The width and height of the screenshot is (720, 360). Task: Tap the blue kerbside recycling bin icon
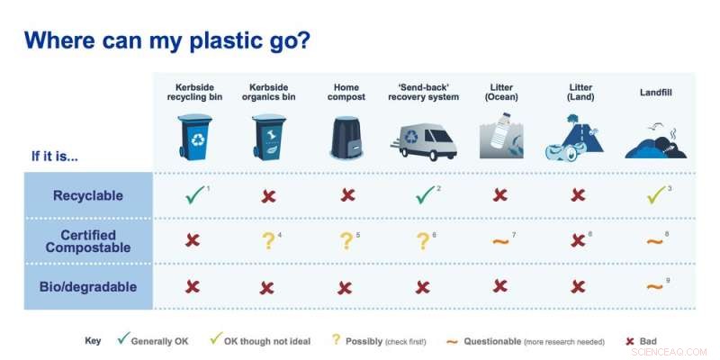tap(193, 137)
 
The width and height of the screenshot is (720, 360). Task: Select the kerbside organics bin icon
tap(269, 137)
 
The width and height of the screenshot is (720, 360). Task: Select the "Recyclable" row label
tap(87, 194)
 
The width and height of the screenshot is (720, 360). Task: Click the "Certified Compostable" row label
tap(87, 241)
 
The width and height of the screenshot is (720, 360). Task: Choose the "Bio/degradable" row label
tap(87, 287)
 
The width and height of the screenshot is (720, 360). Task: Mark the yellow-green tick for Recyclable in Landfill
tap(654, 194)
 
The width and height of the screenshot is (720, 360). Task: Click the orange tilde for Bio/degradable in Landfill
tap(654, 287)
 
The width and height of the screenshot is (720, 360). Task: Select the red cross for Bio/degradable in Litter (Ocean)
tap(500, 286)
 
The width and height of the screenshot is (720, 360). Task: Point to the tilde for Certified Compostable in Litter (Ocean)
tap(499, 241)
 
